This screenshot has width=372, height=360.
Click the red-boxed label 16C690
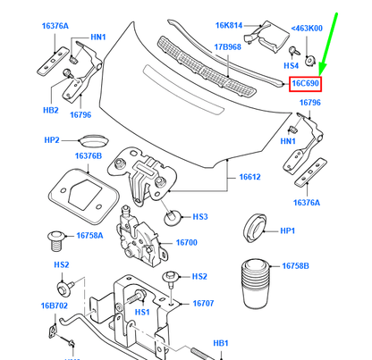[305, 84]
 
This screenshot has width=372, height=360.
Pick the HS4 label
[292, 65]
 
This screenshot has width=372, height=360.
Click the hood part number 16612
[249, 177]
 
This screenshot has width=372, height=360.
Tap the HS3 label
[200, 216]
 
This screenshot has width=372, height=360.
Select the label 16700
[186, 242]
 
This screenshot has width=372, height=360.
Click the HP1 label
[287, 230]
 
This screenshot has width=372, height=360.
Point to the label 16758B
[295, 266]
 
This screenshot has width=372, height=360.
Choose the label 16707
[204, 303]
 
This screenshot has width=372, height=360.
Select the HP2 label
[52, 140]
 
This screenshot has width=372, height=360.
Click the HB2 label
[50, 111]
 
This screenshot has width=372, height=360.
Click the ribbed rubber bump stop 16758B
[253, 284]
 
